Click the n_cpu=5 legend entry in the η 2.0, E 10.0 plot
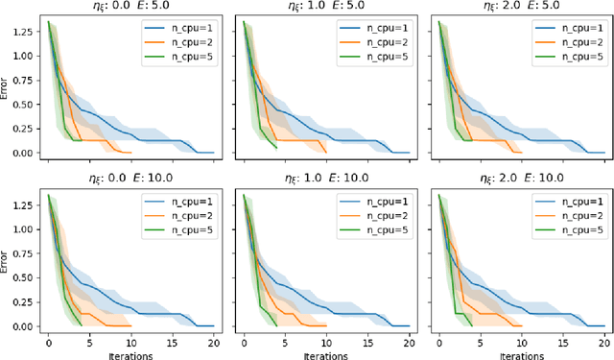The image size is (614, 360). [567, 230]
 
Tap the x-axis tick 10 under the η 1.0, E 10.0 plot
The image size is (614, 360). [325, 340]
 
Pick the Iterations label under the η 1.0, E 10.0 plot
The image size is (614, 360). [324, 353]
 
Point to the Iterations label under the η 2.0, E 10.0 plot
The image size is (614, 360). [520, 353]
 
